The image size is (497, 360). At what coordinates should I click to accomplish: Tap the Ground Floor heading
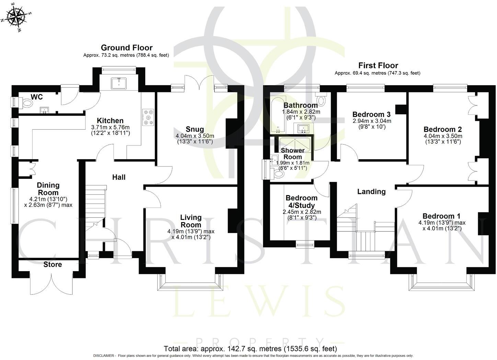pos(126,48)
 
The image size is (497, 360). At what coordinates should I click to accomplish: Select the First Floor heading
pos(378,65)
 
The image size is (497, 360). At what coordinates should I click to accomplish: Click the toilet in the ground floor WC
pos(27,103)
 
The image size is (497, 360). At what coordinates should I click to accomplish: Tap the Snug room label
pos(195,129)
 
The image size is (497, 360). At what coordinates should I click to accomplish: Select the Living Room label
pos(191,221)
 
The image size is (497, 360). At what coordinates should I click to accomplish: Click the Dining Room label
pos(48,189)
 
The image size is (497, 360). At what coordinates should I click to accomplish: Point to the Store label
pos(53,265)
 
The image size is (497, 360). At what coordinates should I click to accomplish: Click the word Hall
pos(119,177)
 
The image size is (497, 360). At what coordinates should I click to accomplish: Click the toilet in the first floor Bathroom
pos(321,100)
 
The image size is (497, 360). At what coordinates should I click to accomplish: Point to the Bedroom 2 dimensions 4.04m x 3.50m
pos(442,136)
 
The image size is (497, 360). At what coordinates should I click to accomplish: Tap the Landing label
pos(371,191)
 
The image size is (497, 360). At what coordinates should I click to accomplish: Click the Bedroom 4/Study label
pos(301,201)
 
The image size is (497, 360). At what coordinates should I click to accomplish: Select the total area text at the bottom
pos(250,349)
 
